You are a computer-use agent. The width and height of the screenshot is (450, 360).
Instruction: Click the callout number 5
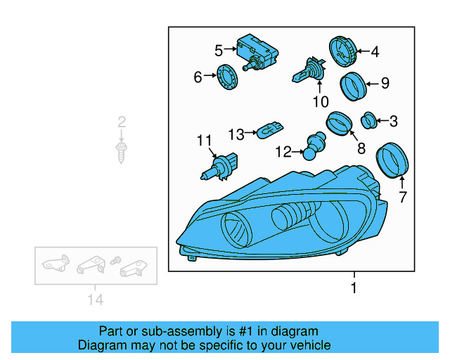coord(219,50)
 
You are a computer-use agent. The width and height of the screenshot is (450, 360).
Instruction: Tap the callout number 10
coord(320,102)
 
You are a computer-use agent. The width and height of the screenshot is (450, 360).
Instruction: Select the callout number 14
coord(95,300)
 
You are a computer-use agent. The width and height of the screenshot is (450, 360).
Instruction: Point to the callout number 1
coord(354,288)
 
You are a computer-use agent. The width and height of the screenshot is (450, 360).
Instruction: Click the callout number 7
coord(403,198)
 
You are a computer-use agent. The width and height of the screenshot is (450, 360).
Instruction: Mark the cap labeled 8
coord(339,124)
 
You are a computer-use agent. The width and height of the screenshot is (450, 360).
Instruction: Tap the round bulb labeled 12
coord(311,148)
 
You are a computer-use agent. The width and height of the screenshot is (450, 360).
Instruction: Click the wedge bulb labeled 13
coord(270,131)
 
